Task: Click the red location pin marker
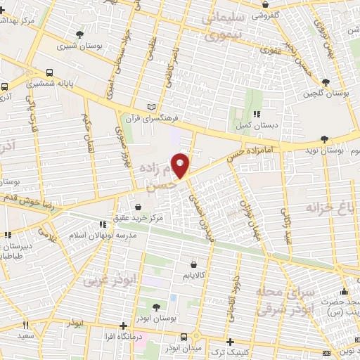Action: (x=181, y=165)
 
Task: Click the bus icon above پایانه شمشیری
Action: (x=49, y=72)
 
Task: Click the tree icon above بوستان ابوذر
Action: (x=156, y=307)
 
